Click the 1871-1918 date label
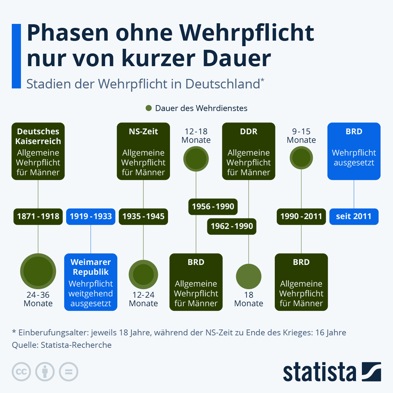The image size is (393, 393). (x=38, y=216)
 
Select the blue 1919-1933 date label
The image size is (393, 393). (x=91, y=216)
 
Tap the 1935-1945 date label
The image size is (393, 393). (x=143, y=216)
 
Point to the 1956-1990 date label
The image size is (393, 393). (x=213, y=207)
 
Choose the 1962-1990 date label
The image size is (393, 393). (x=232, y=226)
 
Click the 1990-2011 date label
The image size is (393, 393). (x=301, y=216)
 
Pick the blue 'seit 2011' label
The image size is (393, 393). (x=354, y=216)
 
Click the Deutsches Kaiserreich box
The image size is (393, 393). (x=38, y=151)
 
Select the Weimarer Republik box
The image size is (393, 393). (x=91, y=282)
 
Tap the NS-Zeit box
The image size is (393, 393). (x=143, y=151)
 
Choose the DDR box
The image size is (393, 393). (x=249, y=151)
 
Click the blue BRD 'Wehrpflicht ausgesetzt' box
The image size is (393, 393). (x=354, y=151)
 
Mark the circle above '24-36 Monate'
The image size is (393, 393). (x=38, y=271)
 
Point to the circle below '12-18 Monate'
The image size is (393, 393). (x=196, y=159)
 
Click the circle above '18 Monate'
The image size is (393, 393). (x=249, y=276)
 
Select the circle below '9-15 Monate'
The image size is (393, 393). (x=301, y=158)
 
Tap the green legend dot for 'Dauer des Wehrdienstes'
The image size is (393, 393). (x=149, y=108)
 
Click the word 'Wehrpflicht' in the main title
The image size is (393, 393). (x=246, y=33)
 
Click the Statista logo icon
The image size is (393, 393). (x=371, y=372)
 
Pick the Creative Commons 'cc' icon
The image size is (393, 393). (x=21, y=372)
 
